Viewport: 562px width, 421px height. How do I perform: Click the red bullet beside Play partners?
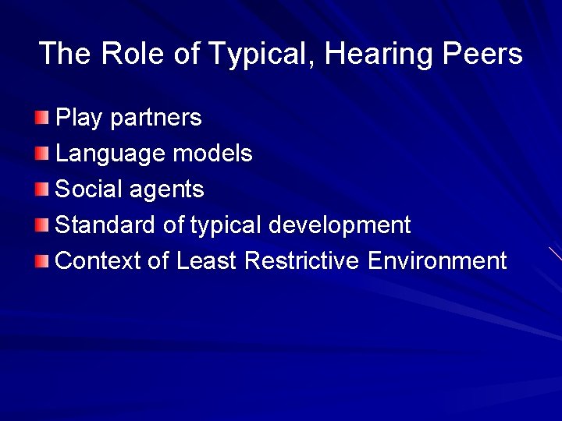[41, 118]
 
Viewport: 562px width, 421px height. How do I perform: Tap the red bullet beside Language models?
[41, 154]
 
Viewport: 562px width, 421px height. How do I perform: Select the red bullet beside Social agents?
[41, 189]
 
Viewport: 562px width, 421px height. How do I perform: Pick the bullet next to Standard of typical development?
[41, 225]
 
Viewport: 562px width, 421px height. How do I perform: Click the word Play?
[80, 118]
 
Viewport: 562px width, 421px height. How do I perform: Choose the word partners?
[156, 118]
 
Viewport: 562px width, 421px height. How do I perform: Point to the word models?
[212, 154]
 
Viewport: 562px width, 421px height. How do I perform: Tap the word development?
[340, 225]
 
